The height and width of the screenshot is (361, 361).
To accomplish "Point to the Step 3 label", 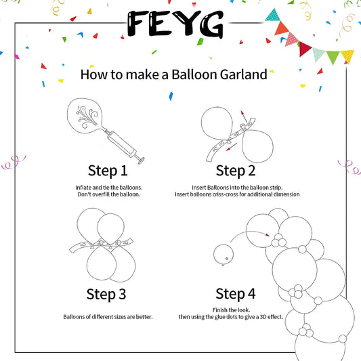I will [106, 294].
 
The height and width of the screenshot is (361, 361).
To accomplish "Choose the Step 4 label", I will [235, 294].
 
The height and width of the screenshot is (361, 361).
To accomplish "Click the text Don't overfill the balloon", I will [108, 194].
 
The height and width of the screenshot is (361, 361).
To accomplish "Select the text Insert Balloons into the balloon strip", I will [236, 186].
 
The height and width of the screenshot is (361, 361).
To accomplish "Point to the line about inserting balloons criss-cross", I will [236, 194].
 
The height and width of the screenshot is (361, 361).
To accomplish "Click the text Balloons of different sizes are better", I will [108, 316].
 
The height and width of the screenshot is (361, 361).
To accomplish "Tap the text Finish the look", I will [236, 309].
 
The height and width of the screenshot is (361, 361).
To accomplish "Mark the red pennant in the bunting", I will [303, 47].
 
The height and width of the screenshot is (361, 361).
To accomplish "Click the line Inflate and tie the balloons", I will [108, 186].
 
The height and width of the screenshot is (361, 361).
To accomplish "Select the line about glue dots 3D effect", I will [236, 317].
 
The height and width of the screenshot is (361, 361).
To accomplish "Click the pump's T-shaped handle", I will [141, 160].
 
